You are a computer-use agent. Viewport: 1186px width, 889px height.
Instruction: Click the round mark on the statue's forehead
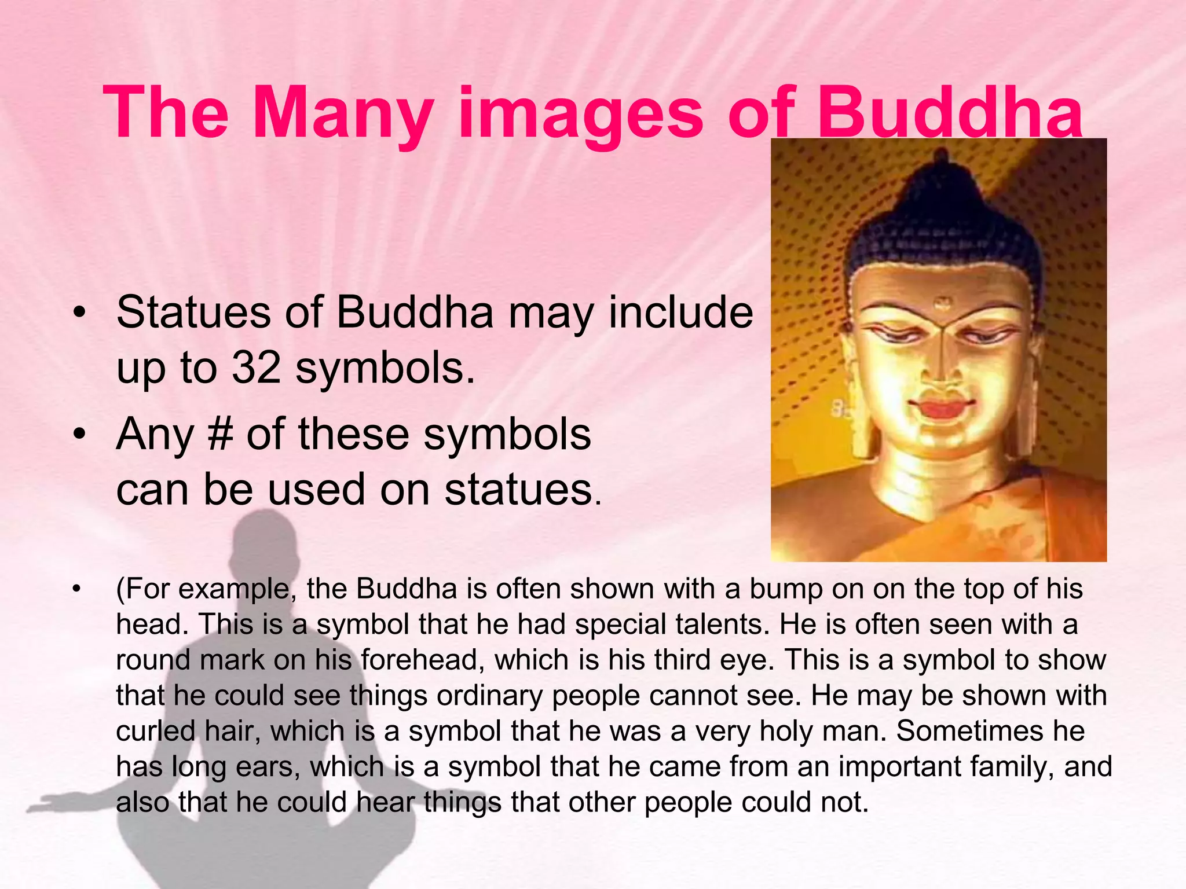(943, 302)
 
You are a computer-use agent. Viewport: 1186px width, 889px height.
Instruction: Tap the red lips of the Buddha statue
(942, 407)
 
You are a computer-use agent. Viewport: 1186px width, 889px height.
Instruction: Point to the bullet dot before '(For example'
(76, 590)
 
